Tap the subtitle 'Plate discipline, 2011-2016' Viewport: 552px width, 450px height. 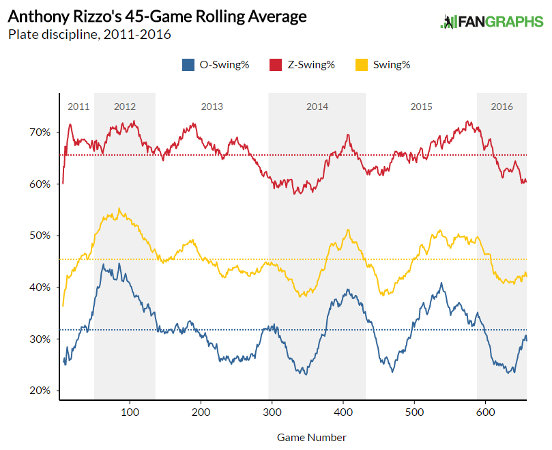(x=89, y=33)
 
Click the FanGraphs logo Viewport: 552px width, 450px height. (x=491, y=22)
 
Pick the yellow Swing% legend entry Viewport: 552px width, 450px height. (x=383, y=65)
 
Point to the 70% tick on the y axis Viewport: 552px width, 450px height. (x=40, y=132)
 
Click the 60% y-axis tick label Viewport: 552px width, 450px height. (x=40, y=184)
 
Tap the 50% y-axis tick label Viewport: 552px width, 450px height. (x=40, y=236)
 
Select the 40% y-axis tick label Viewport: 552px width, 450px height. (x=40, y=287)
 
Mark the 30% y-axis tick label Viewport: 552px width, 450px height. (x=40, y=339)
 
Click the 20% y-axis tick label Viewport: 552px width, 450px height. (x=40, y=391)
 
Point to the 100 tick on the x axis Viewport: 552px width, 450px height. (x=130, y=413)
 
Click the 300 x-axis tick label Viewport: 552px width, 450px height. (x=272, y=413)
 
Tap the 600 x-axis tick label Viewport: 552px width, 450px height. (x=484, y=413)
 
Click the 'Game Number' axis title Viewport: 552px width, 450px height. (x=311, y=437)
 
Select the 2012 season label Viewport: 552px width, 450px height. (x=125, y=107)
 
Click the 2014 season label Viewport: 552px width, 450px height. (x=317, y=107)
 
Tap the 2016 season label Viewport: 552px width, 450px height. (x=502, y=107)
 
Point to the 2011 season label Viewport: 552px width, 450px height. (x=78, y=107)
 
